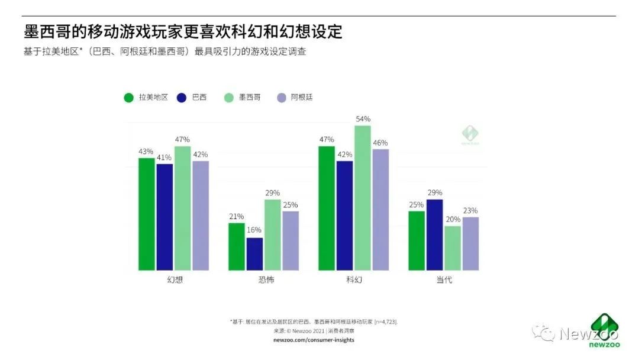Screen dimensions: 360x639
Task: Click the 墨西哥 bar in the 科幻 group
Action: [363, 198]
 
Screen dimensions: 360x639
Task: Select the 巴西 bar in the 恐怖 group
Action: [254, 254]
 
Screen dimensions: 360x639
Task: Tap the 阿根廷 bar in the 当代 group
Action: [470, 244]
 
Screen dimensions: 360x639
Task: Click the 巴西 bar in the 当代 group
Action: [435, 235]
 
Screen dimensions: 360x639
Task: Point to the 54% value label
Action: [363, 119]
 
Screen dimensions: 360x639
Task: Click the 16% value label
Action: [254, 230]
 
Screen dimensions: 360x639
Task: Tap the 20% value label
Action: [453, 219]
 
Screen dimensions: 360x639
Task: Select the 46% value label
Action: [380, 143]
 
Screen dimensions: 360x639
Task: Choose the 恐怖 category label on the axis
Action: [263, 279]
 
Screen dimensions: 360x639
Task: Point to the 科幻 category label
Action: [354, 279]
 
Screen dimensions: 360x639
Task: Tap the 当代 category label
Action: [444, 279]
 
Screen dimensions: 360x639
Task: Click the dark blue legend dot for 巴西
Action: [182, 97]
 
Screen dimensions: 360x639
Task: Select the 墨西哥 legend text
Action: [250, 97]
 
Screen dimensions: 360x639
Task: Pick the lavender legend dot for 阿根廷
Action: [282, 97]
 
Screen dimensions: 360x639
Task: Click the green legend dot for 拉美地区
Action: [128, 97]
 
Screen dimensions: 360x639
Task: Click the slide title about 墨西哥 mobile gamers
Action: [183, 31]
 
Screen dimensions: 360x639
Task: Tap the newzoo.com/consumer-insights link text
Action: [314, 340]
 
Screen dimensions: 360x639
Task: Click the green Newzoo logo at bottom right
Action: [603, 329]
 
